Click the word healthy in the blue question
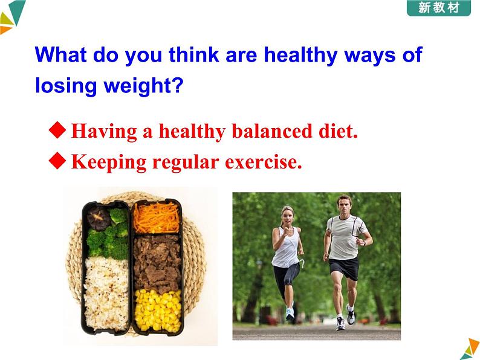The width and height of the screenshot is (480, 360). [x=300, y=56]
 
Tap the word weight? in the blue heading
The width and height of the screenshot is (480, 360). [x=143, y=86]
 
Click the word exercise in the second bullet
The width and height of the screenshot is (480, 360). [x=263, y=162]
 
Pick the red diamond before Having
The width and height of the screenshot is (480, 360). [x=57, y=130]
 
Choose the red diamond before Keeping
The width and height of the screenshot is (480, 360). [x=57, y=161]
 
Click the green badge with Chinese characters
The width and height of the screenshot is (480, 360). [x=438, y=8]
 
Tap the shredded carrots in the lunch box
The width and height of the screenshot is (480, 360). [x=157, y=218]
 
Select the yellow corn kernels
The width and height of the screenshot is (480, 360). [x=158, y=310]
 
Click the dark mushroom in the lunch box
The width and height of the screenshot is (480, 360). [x=99, y=218]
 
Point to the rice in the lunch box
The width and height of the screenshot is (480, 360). [x=106, y=294]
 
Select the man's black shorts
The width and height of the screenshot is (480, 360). [x=345, y=268]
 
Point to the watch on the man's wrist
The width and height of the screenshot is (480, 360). [x=365, y=243]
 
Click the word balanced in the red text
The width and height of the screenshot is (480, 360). [x=272, y=131]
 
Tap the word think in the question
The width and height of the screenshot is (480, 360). [x=194, y=55]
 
